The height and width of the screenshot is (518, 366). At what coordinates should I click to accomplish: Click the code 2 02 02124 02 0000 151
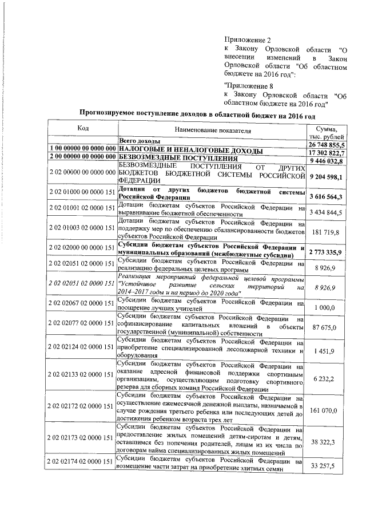(82, 347)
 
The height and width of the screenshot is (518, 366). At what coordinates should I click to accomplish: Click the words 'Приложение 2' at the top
(243, 39)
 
